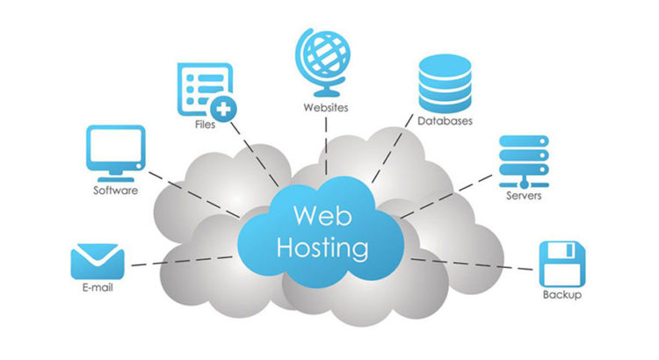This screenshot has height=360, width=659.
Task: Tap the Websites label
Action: click(324, 108)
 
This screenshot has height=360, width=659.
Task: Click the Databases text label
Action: click(445, 121)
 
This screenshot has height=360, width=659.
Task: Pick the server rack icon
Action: click(523, 160)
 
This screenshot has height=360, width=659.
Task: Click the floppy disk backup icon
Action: click(561, 262)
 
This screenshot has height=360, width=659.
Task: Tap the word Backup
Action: click(562, 295)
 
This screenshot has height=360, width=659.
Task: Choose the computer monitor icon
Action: click(115, 152)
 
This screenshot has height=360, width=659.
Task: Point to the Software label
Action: click(115, 190)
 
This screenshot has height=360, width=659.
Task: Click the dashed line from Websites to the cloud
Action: click(326, 145)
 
